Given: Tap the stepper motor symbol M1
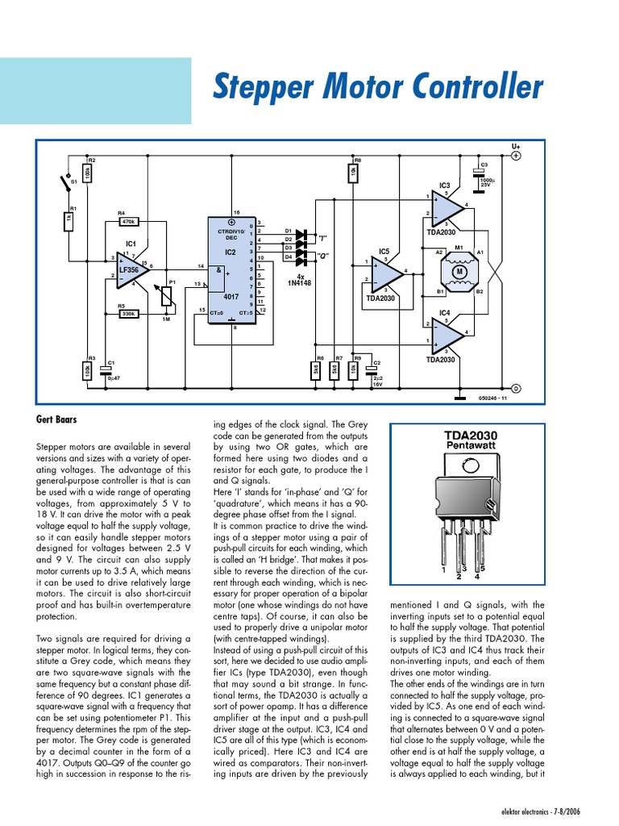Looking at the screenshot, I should click(x=460, y=271).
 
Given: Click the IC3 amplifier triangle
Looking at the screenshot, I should click(x=446, y=207).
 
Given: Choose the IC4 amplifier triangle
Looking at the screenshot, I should click(x=446, y=334).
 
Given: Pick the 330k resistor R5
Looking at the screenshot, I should click(x=127, y=315).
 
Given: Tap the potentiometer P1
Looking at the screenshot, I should click(x=168, y=298).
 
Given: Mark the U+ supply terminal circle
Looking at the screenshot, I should click(x=517, y=156).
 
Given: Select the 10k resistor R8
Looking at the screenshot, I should click(x=353, y=173).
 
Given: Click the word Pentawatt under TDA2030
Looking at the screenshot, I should click(x=471, y=446).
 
